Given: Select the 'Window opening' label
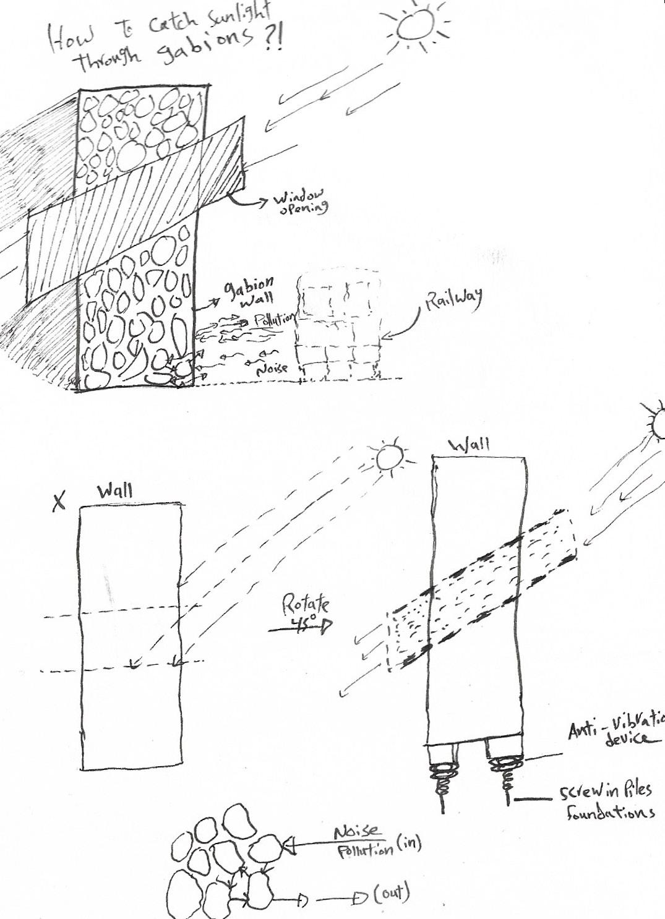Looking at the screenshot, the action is (x=301, y=202).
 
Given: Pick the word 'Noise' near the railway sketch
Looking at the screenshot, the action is (x=272, y=368).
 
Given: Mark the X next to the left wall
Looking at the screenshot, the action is (x=59, y=503).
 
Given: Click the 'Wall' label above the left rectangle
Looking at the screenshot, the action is (x=114, y=492).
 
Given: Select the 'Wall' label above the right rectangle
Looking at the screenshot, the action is (x=469, y=445).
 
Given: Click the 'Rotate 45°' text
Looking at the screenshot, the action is (x=306, y=612).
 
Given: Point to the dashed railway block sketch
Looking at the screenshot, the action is (x=338, y=328).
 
